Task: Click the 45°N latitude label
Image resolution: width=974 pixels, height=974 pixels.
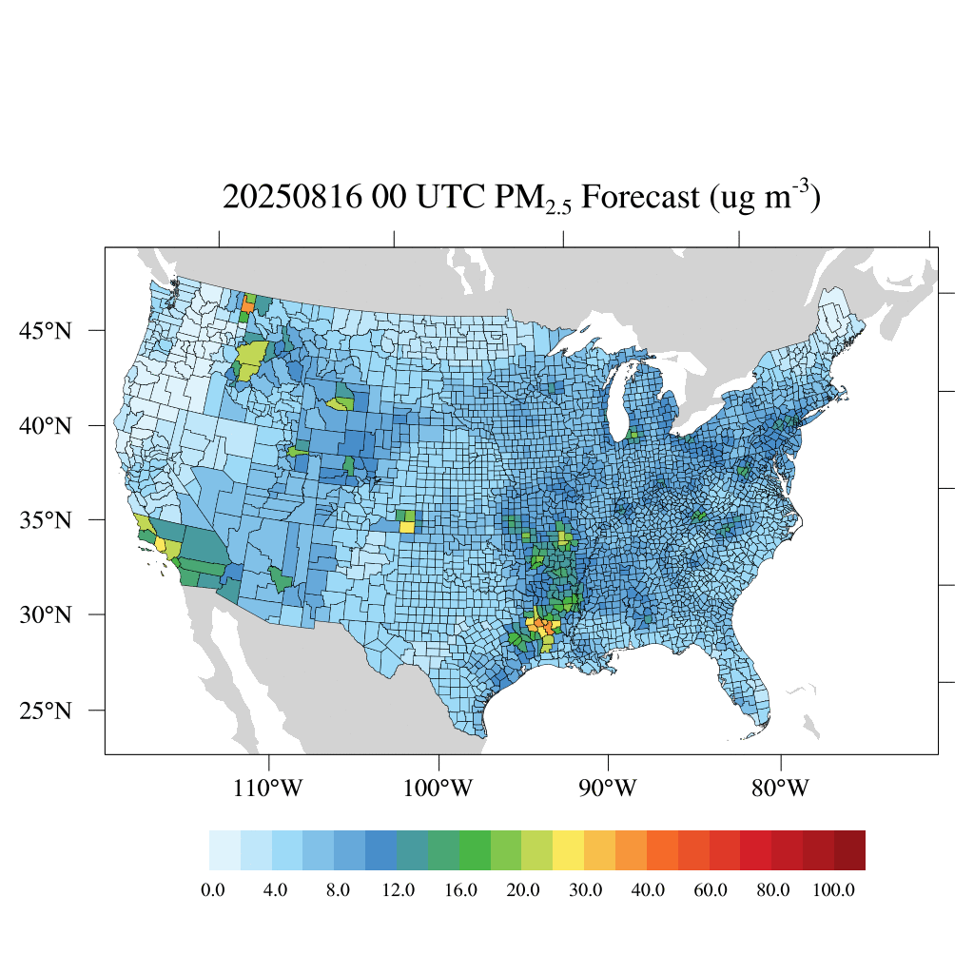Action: [47, 331]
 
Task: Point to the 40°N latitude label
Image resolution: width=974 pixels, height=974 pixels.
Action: [47, 425]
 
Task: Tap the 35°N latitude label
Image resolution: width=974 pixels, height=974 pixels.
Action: [47, 520]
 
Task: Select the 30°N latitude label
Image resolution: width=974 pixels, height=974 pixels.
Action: [47, 614]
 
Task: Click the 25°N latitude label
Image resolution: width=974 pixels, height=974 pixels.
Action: [47, 711]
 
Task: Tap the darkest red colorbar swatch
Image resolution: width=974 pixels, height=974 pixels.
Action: [849, 850]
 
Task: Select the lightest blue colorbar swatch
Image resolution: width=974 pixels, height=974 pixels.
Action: [224, 850]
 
